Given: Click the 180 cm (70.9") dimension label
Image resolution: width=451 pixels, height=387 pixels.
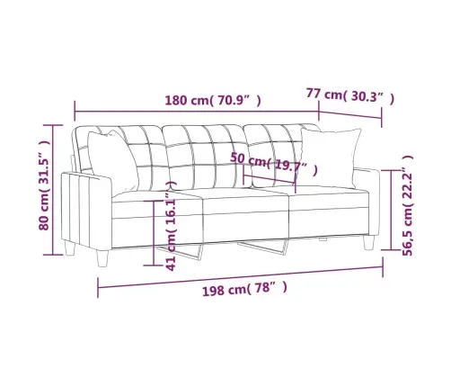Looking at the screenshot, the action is click(213, 101).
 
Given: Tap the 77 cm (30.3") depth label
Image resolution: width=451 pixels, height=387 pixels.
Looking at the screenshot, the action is click(350, 95).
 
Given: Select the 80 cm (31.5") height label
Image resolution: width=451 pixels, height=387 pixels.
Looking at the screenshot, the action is click(44, 185).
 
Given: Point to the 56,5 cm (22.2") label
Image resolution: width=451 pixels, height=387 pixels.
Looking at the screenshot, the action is click(408, 205).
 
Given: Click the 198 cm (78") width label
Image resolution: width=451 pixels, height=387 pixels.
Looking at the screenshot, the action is click(244, 289).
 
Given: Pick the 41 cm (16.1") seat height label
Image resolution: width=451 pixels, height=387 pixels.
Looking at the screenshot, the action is click(171, 226).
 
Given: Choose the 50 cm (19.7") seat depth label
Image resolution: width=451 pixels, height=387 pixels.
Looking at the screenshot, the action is click(274, 164).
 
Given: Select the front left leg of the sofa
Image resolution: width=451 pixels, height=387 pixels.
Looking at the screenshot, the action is click(102, 258).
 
